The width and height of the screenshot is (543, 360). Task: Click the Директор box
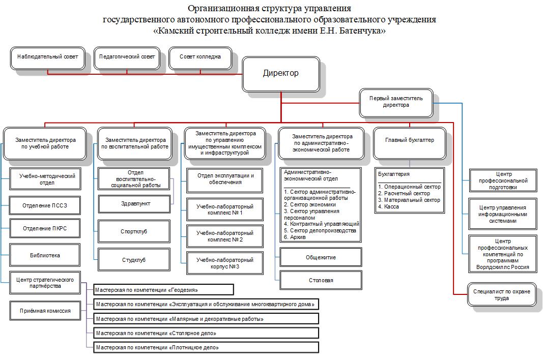coord(280,73)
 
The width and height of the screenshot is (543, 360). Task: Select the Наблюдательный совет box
coord(47,57)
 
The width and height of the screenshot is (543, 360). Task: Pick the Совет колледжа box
coord(200,57)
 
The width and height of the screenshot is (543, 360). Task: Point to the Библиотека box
coord(45,255)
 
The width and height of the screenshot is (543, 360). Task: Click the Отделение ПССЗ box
coord(45,205)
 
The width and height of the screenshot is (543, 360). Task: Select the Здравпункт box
coord(133,203)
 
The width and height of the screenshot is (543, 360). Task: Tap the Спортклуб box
coord(134,231)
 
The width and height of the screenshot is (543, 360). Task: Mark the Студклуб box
coord(134,260)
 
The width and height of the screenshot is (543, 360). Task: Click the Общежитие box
coord(321,257)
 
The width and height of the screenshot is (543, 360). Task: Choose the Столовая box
coord(321,280)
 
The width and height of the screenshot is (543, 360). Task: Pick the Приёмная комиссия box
coord(45,310)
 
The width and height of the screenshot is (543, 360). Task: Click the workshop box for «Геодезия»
coord(163,290)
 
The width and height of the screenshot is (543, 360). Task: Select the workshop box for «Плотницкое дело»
coord(206,348)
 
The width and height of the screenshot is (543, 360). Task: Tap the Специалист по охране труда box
coord(501,295)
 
